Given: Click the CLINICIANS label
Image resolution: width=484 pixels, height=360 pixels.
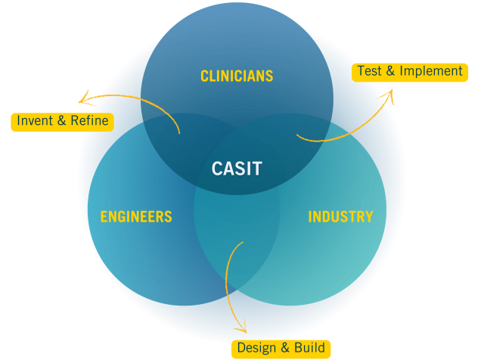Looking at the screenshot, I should pyautogui.click(x=237, y=76).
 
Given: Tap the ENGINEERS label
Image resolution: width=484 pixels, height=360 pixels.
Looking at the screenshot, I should pyautogui.click(x=136, y=217).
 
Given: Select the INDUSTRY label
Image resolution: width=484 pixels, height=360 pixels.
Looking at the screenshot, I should pyautogui.click(x=340, y=217).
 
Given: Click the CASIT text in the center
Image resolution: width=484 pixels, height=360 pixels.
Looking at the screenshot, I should pyautogui.click(x=237, y=169).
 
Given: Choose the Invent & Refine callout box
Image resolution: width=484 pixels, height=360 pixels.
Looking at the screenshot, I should pyautogui.click(x=62, y=121).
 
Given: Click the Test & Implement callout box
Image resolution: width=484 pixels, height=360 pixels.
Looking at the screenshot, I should pyautogui.click(x=409, y=72).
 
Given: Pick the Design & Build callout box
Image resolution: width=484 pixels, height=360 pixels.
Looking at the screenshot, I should pyautogui.click(x=281, y=349).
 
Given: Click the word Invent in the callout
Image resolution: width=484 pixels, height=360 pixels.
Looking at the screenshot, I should pyautogui.click(x=34, y=121).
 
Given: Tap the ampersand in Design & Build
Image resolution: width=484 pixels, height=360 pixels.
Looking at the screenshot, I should pyautogui.click(x=284, y=349).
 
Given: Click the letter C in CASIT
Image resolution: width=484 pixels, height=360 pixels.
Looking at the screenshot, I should pyautogui.click(x=217, y=169).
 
